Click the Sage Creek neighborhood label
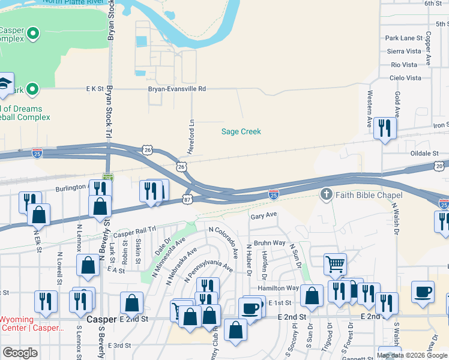coord(241,131)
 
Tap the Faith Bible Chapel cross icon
coord(326,194)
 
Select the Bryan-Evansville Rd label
coord(177,89)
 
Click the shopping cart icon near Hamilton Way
coord(335,263)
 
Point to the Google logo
coord(20,353)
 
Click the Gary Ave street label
coord(264,215)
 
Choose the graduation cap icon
coord(5,82)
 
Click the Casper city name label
coord(101,319)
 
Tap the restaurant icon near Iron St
coord(385,127)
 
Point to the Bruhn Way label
coord(270,243)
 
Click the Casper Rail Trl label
coord(134,231)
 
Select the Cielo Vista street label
coord(406,78)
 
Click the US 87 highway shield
coord(188,199)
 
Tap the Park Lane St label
coord(404,38)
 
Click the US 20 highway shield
coord(440,165)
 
